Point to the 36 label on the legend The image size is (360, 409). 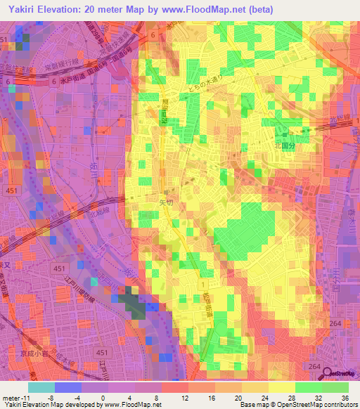coord(337,398)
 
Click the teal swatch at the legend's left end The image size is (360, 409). coord(41,387)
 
